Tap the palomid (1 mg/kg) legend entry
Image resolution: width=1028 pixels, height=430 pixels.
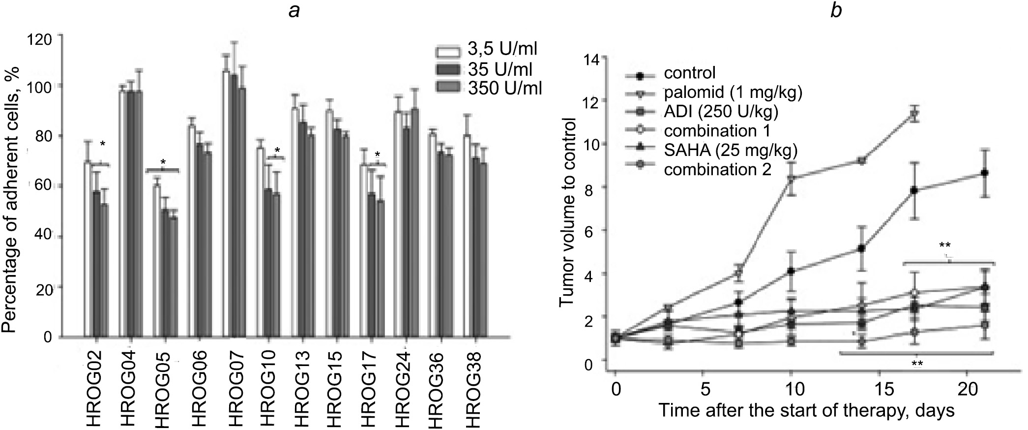point(733,92)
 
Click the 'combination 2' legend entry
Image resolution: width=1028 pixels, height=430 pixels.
point(717,170)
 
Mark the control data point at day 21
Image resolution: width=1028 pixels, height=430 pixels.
point(985,173)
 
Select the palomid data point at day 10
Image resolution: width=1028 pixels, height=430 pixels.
point(792,179)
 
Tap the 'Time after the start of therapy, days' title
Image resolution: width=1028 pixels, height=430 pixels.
point(806,410)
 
